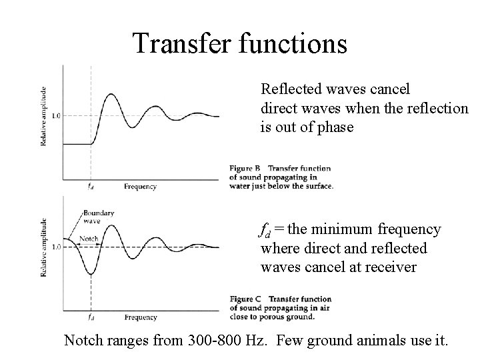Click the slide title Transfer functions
[239, 43]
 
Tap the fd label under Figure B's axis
[91, 187]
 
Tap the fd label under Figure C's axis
[91, 317]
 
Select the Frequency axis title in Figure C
[140, 317]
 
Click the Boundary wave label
[99, 217]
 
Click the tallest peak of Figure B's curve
[108, 95]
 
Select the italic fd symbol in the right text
[265, 231]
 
